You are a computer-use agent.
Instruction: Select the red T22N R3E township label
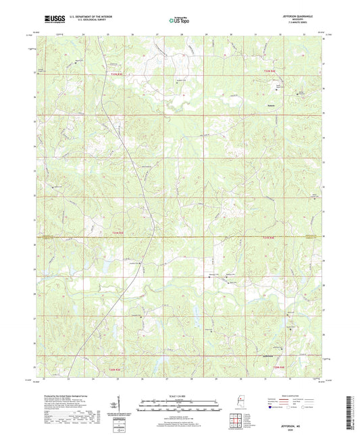click(x=117, y=73)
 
